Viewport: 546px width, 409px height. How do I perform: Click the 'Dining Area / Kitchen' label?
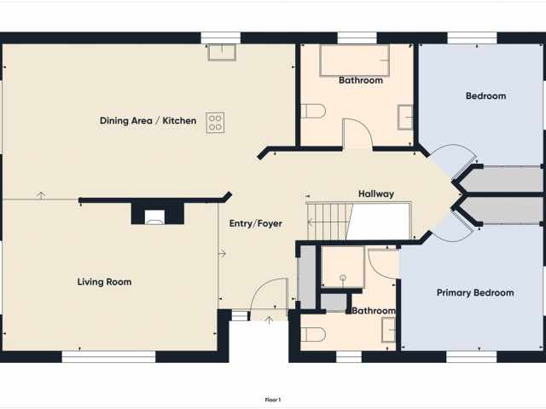click(148, 121)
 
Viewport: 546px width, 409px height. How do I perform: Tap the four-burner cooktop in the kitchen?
click(215, 122)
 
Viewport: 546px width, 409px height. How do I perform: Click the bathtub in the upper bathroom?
click(354, 60)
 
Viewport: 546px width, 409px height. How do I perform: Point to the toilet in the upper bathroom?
click(314, 112)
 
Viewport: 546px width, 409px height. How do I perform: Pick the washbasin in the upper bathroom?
click(405, 115)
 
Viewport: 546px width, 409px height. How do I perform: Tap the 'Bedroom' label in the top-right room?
click(485, 96)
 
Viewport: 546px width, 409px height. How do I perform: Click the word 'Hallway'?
click(376, 194)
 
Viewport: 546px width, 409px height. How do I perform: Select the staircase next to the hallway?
click(329, 222)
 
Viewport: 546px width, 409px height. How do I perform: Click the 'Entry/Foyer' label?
click(255, 224)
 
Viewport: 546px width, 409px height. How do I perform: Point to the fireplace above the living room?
click(155, 216)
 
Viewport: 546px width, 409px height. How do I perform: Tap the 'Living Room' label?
click(104, 282)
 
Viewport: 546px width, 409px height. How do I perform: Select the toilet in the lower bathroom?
click(314, 333)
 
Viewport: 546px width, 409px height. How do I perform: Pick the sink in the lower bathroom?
click(388, 329)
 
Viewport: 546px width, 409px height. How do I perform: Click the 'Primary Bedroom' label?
click(475, 293)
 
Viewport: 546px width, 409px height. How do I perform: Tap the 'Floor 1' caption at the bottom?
click(272, 400)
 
